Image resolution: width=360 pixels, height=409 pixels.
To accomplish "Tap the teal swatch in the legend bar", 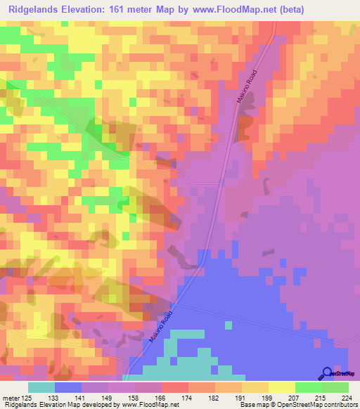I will (41, 387).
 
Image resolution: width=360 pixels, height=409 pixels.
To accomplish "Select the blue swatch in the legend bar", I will (68, 387).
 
